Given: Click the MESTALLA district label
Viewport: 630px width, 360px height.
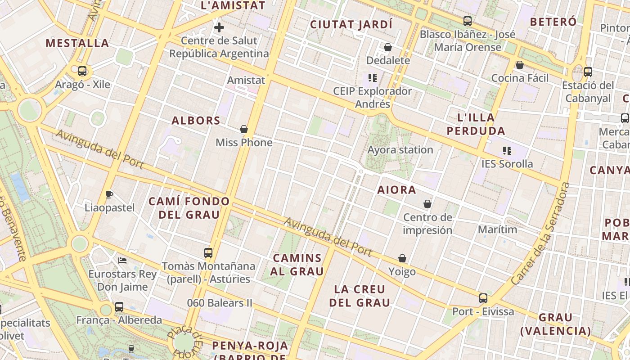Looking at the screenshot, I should tap(77, 43).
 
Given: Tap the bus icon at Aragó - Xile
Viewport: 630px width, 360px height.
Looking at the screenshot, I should tap(82, 71).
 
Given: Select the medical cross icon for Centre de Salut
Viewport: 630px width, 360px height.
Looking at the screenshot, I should tap(219, 28).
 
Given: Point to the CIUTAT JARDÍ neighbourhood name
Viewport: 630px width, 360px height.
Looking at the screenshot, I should tap(351, 24).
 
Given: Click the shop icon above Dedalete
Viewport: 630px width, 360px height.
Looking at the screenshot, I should tap(388, 47).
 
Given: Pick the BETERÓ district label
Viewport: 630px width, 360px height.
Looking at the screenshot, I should tap(553, 22).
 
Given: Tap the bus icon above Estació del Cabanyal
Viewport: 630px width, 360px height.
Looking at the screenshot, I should tap(588, 72).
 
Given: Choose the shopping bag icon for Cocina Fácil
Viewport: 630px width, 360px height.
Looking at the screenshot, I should tap(520, 65).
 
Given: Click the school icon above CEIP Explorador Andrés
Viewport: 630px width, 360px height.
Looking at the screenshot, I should tap(372, 78).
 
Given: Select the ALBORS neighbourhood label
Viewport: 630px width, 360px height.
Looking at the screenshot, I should tap(196, 121).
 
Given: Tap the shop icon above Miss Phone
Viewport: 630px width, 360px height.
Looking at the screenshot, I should tap(244, 130).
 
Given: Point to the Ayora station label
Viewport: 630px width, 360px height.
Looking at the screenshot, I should tap(400, 150).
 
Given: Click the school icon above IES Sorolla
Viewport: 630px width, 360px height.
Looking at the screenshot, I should tap(507, 151).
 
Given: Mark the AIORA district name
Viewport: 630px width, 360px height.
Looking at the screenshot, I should tap(396, 190).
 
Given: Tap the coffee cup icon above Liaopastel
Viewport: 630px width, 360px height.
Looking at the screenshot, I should tap(109, 194).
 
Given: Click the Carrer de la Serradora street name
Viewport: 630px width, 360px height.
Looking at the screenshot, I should tap(540, 233).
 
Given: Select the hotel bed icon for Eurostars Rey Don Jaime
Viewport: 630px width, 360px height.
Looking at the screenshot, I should tap(122, 261).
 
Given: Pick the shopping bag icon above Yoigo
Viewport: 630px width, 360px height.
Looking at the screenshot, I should tap(402, 259).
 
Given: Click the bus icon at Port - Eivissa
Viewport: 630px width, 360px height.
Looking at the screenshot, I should tap(483, 298).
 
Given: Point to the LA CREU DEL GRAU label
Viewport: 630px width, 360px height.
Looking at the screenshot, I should tap(360, 296).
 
